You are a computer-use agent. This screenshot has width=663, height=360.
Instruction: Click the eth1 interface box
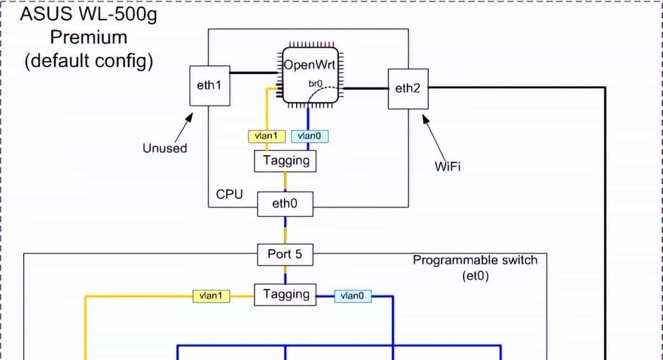point(209,86)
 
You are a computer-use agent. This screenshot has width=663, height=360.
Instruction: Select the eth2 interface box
point(408,88)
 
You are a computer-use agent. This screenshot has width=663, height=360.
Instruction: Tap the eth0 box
point(285,204)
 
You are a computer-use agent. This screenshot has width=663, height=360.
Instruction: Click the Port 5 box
point(285,255)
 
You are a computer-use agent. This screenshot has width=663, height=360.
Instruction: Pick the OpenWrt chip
point(309,75)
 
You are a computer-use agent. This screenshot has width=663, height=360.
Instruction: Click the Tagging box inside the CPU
point(286,161)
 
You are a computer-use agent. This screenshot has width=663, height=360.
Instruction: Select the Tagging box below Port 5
point(286,294)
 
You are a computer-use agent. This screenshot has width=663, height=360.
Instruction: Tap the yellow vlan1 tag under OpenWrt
point(264,136)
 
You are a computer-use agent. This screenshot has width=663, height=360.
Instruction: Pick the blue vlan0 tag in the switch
point(353,297)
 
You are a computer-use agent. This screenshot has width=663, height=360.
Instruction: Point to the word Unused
point(165,148)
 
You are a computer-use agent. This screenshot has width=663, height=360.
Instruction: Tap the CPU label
point(229,195)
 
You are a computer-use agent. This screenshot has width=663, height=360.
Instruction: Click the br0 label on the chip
point(315,83)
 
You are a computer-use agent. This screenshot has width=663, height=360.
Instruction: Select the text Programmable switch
point(475,260)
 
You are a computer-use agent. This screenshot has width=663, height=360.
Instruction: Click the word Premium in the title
point(88,38)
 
